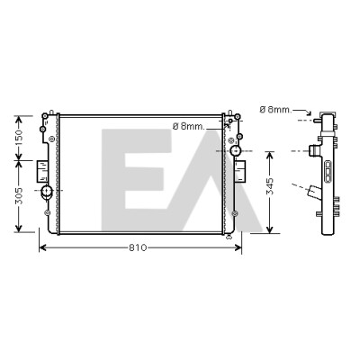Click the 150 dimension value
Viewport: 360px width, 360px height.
click(19, 138)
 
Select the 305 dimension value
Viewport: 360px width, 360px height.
click(19, 196)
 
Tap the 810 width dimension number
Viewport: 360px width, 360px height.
click(138, 247)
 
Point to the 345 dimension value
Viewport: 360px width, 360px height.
click(270, 186)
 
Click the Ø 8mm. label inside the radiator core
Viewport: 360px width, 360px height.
click(189, 127)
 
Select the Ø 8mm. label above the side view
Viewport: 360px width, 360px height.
click(275, 110)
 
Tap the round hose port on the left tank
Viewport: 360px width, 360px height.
click(47, 191)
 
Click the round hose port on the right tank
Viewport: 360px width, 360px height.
click(236, 150)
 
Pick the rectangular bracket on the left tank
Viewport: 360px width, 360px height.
click(42, 171)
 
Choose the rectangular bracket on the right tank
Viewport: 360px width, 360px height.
click(240, 171)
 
